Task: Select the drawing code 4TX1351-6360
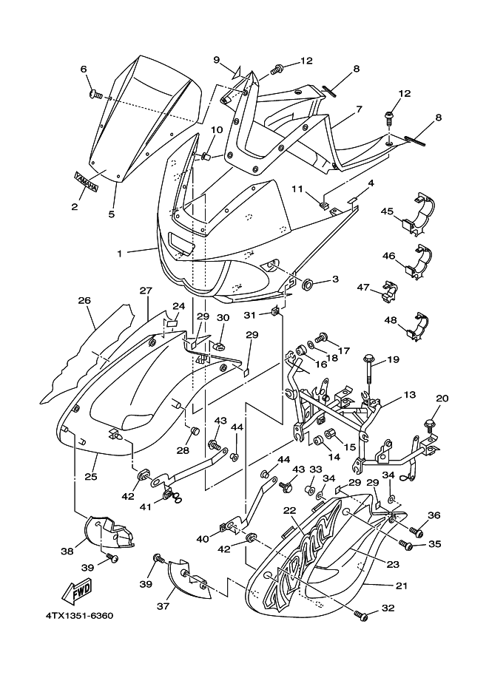(79, 616)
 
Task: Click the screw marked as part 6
(95, 95)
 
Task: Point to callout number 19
(394, 359)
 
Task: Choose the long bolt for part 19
(370, 371)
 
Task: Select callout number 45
(387, 211)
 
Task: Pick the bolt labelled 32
(360, 616)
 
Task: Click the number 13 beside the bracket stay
(410, 394)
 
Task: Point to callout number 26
(85, 300)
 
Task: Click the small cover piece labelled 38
(108, 532)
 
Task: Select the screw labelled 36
(416, 532)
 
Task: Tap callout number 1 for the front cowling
(120, 254)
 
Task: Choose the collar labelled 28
(195, 430)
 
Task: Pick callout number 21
(401, 586)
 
